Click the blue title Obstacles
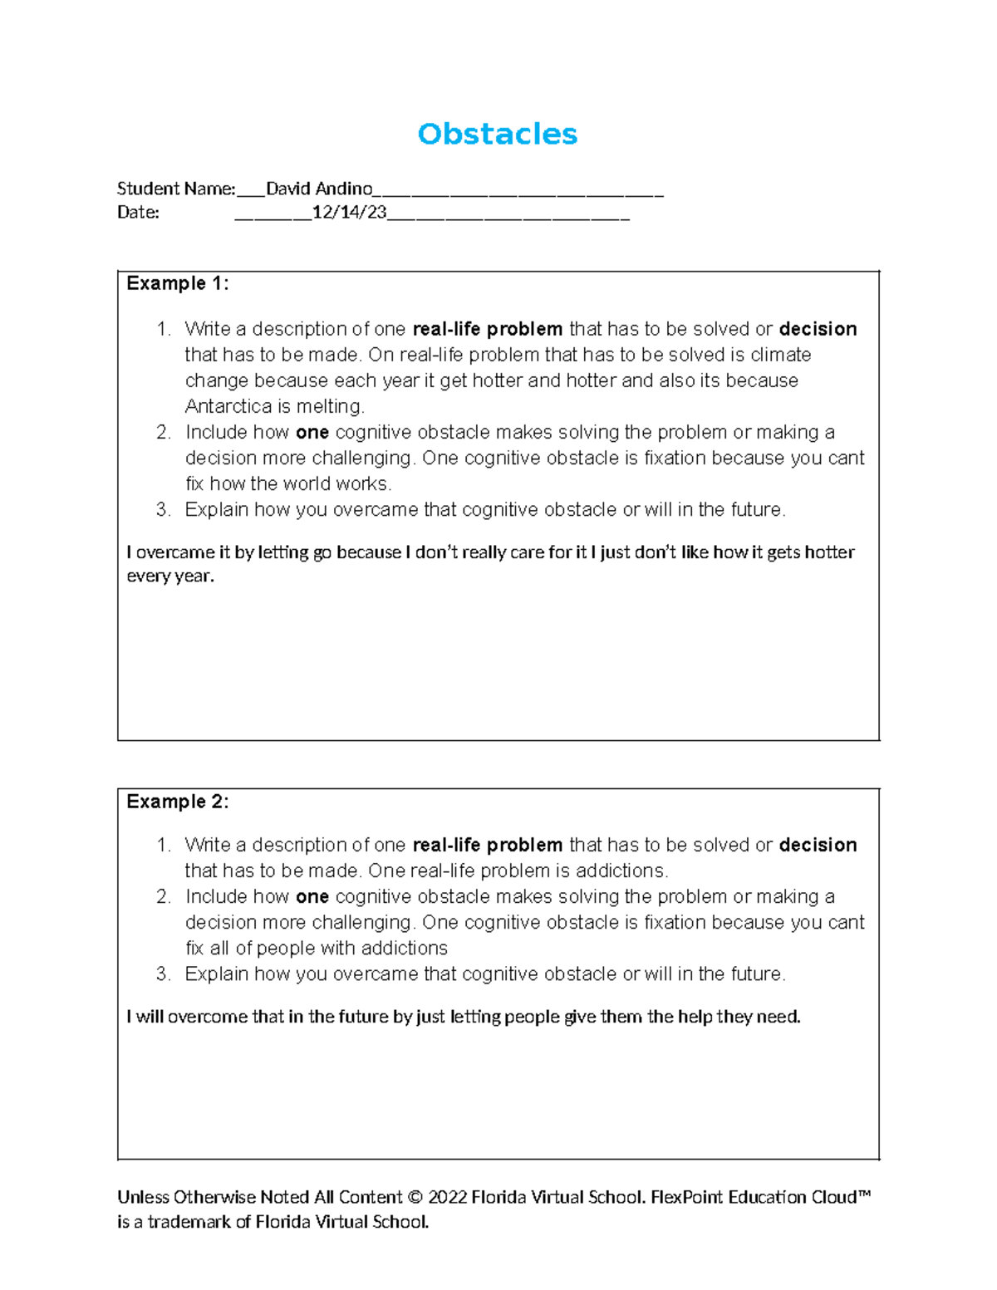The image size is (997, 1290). pyautogui.click(x=497, y=134)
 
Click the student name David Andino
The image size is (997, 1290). pyautogui.click(x=318, y=189)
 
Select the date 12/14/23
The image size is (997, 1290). pyautogui.click(x=349, y=213)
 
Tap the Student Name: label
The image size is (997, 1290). pyautogui.click(x=176, y=189)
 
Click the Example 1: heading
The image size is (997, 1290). pyautogui.click(x=177, y=283)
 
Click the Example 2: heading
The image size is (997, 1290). pyautogui.click(x=177, y=802)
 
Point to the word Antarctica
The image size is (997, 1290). pyautogui.click(x=228, y=406)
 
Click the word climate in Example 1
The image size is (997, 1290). pyautogui.click(x=780, y=355)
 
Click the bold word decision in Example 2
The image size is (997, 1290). pyautogui.click(x=818, y=845)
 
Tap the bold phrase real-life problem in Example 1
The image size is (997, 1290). pyautogui.click(x=487, y=329)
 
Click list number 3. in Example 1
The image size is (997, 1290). pyautogui.click(x=163, y=509)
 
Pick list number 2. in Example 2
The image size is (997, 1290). pyautogui.click(x=163, y=896)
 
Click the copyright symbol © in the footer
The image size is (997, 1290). pyautogui.click(x=415, y=1197)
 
